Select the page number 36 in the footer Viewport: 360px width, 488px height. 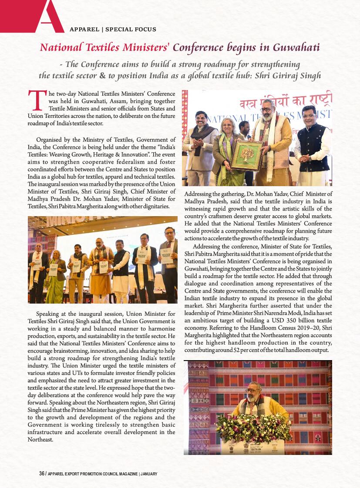tap(42, 474)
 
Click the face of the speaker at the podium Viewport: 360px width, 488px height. tap(253, 391)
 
